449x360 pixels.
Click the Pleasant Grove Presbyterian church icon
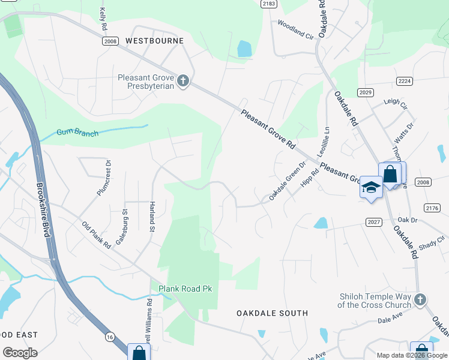tap(183, 81)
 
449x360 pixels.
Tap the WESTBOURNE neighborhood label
tap(154, 41)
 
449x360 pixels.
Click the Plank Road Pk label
tap(185, 289)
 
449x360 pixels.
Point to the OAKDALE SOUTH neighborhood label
tap(272, 313)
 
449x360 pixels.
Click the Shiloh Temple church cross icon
tap(421, 299)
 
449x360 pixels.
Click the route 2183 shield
tap(269, 4)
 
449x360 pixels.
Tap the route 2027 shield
tap(373, 222)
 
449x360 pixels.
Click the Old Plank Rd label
tap(97, 235)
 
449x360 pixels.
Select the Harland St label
tap(152, 217)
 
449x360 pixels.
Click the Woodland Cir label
tap(296, 29)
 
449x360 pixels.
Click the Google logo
tap(20, 353)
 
